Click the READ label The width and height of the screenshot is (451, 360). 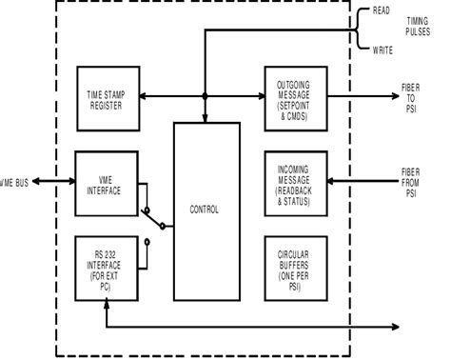pyautogui.click(x=382, y=11)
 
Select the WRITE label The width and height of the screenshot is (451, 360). pyautogui.click(x=382, y=50)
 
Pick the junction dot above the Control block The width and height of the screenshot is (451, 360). pyautogui.click(x=206, y=95)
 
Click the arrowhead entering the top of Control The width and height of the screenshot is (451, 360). pyautogui.click(x=206, y=118)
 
